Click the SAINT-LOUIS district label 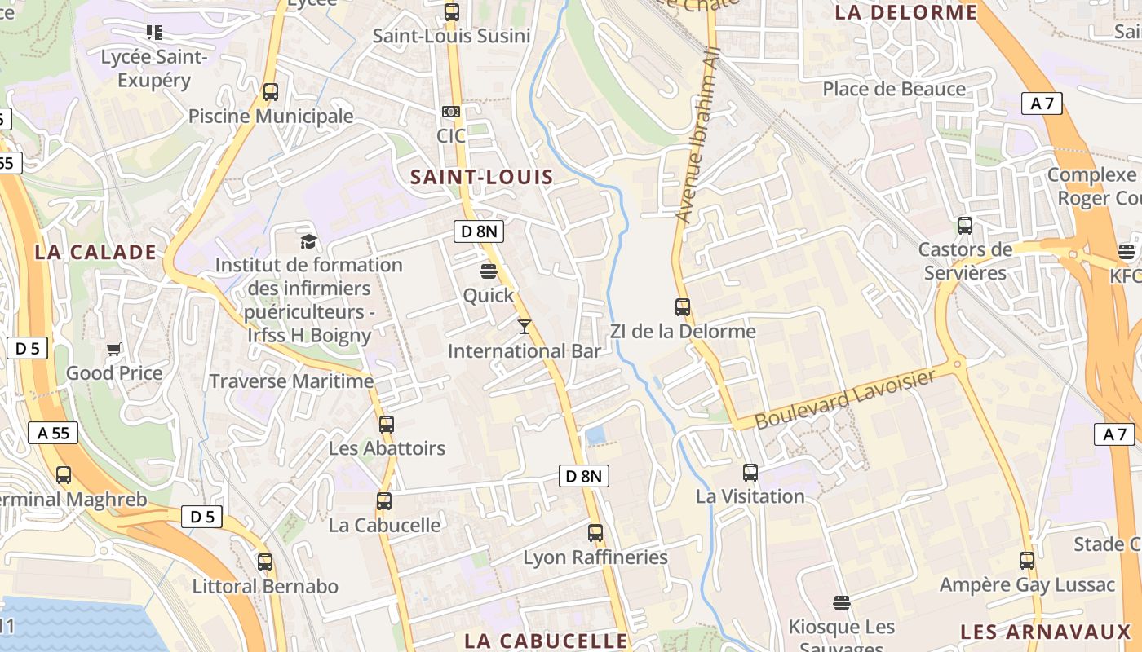[481, 177]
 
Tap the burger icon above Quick [489, 271]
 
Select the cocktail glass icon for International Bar [525, 327]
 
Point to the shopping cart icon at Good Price [114, 349]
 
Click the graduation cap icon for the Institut [308, 241]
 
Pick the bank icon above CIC [450, 112]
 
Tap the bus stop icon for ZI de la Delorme [683, 307]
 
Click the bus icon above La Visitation [750, 472]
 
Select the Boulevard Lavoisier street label [844, 399]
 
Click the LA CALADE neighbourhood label [95, 252]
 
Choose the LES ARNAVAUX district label [1046, 632]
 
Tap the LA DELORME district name [906, 12]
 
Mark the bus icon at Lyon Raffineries [595, 533]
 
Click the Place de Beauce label [894, 89]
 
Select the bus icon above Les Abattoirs [387, 424]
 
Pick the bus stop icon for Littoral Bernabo [265, 562]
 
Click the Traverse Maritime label [291, 381]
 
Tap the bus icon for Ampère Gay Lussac [1027, 560]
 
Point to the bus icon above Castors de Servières [965, 225]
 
